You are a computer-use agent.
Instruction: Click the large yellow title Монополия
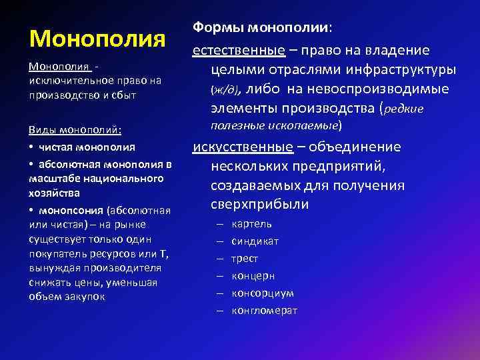tap(97, 38)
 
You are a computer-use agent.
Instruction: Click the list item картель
tap(251, 224)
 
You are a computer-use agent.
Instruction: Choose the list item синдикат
tap(255, 241)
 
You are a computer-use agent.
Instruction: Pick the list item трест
tap(245, 259)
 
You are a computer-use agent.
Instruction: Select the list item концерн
tap(253, 276)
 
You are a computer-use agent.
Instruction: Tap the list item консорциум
tap(263, 293)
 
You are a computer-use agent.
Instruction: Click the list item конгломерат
tap(265, 311)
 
